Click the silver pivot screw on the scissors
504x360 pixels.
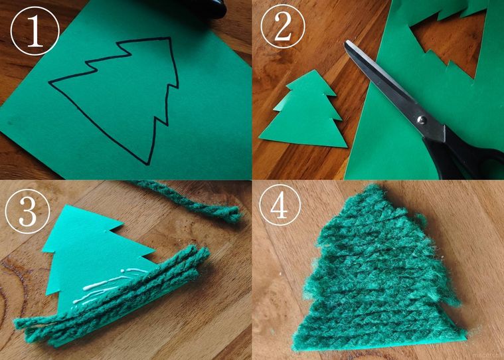420,120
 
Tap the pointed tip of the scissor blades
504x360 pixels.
346,43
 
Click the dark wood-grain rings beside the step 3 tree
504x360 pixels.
20,279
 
